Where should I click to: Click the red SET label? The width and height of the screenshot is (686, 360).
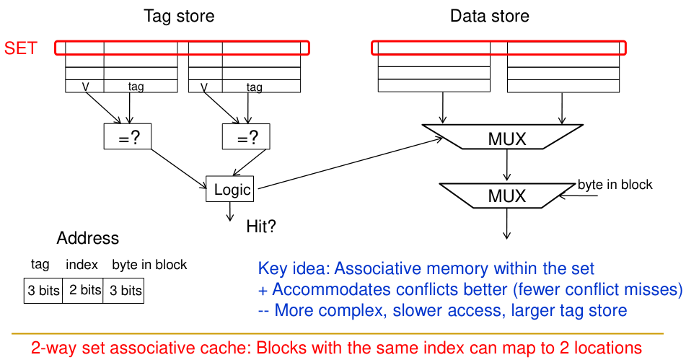coord(20,49)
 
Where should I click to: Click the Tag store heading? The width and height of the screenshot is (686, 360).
coord(179,16)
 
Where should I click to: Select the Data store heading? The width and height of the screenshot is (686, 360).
coord(490,16)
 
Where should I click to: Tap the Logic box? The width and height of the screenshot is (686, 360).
coord(232,190)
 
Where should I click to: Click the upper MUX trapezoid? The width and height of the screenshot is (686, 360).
coord(507,138)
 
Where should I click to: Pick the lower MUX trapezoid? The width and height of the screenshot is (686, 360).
coord(507,196)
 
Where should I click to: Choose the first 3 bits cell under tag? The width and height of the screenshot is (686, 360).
coord(43,291)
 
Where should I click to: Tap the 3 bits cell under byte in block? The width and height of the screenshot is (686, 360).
coord(124,291)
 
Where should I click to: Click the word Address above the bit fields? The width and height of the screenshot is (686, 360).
coord(88,239)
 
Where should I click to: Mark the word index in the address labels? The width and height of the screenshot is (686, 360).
coord(82,265)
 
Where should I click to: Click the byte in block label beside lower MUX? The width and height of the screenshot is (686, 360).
coord(615,185)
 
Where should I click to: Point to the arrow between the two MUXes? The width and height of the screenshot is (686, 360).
coord(508,167)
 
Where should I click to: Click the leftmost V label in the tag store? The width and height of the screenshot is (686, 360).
coord(86,87)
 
